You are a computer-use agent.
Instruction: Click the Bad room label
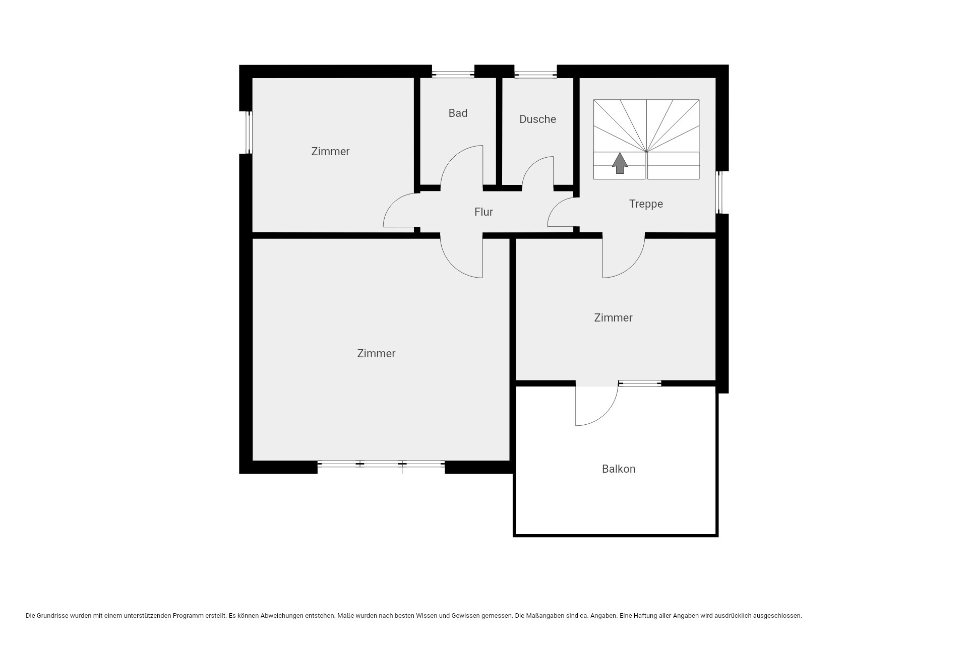pos(458,113)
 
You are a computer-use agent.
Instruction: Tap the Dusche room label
pos(537,119)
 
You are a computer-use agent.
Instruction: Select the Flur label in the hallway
pos(483,212)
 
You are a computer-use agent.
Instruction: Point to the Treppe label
pos(646,204)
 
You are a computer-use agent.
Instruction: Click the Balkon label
pos(619,469)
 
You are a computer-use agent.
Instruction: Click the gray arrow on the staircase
pos(620,163)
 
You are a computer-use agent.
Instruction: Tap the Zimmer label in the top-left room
pos(330,152)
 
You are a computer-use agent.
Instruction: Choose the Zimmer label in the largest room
pos(376,354)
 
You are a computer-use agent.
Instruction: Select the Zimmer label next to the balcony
pos(613,318)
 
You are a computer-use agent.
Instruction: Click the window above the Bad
pos(453,75)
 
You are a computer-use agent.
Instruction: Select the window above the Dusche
pos(535,75)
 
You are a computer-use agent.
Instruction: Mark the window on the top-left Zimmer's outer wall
pos(249,132)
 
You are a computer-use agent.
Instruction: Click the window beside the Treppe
pos(719,192)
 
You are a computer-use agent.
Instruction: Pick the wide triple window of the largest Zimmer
pos(381,464)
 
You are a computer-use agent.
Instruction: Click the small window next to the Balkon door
pos(640,383)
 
